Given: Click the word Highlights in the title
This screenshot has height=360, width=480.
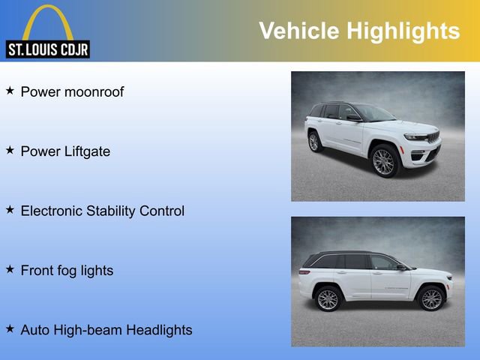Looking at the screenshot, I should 403,31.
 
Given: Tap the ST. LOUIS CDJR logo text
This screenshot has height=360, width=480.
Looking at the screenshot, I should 48,49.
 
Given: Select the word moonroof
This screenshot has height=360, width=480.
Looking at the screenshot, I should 94,92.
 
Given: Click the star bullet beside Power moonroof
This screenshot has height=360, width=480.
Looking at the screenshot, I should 10,91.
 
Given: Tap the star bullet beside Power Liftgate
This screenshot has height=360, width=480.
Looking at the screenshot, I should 10,150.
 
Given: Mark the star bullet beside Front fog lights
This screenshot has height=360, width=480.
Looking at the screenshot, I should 10,268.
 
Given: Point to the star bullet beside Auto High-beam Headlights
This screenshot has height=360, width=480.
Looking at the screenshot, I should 10,328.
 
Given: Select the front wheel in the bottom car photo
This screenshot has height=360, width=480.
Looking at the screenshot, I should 431,298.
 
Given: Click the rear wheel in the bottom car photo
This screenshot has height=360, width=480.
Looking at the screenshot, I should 328,298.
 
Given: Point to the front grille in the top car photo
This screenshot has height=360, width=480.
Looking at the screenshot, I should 433,137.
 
